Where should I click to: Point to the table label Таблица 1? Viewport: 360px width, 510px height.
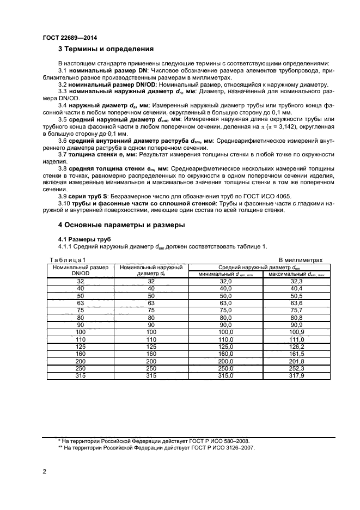(68, 260)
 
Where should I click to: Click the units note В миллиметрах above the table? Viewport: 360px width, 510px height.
(301, 260)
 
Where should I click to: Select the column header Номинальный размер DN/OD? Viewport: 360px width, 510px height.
(81, 270)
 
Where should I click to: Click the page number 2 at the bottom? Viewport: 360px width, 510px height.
(44, 470)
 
